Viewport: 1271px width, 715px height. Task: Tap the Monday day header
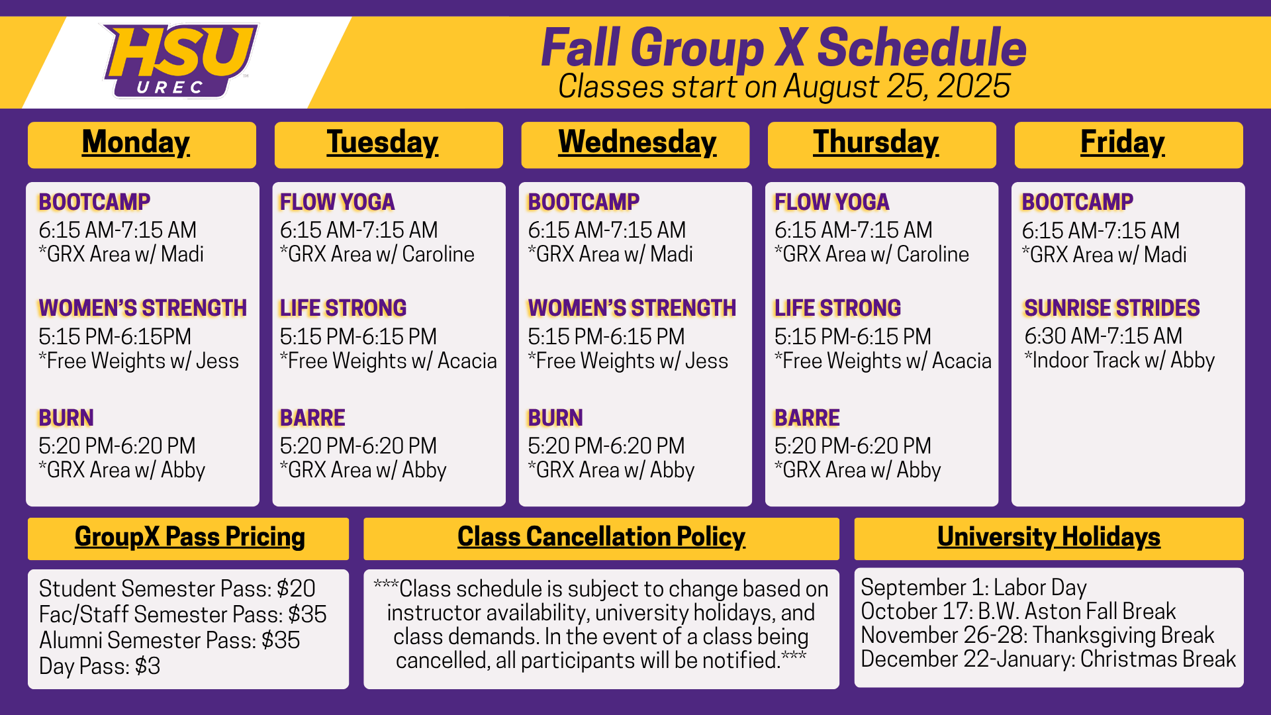pyautogui.click(x=136, y=142)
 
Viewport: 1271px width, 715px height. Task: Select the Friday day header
pyautogui.click(x=1123, y=142)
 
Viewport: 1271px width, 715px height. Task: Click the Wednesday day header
pyautogui.click(x=637, y=142)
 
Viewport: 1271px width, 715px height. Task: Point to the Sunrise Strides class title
pyautogui.click(x=1111, y=308)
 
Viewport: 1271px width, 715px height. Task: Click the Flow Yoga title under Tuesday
pyautogui.click(x=337, y=202)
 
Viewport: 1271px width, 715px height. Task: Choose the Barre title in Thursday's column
pyautogui.click(x=807, y=418)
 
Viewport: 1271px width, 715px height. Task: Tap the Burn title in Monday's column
pyautogui.click(x=66, y=418)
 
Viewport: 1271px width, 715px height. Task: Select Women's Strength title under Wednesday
pyautogui.click(x=632, y=308)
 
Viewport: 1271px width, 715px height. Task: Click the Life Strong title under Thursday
pyautogui.click(x=837, y=308)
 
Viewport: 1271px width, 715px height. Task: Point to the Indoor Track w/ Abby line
pyautogui.click(x=1119, y=360)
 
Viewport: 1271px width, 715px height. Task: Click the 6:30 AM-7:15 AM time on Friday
pyautogui.click(x=1103, y=336)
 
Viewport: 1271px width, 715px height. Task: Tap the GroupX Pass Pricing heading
pyautogui.click(x=190, y=537)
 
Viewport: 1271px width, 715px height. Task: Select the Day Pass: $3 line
pyautogui.click(x=99, y=666)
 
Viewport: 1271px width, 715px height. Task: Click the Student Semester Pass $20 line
pyautogui.click(x=177, y=589)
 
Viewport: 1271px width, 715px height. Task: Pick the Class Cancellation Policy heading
pyautogui.click(x=601, y=537)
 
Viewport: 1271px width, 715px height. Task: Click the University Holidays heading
pyautogui.click(x=1049, y=537)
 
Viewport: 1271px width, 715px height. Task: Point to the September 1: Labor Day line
pyautogui.click(x=973, y=587)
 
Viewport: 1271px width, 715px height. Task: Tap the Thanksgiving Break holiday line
pyautogui.click(x=1037, y=635)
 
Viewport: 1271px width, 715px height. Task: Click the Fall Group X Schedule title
pyautogui.click(x=784, y=48)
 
